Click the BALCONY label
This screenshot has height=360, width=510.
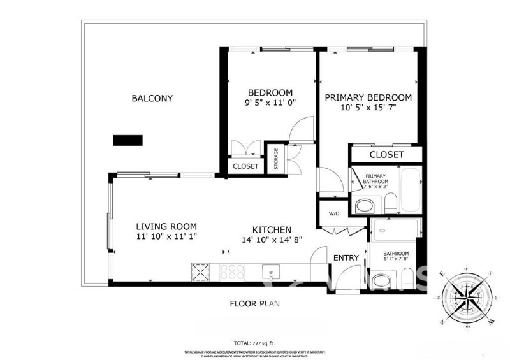click(x=152, y=98)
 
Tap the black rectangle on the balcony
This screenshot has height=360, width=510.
click(x=127, y=141)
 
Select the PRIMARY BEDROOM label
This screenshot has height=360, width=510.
click(x=368, y=97)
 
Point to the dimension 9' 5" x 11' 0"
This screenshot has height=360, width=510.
click(x=270, y=103)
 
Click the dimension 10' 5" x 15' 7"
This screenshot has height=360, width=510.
click(x=368, y=108)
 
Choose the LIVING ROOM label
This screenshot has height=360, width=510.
click(x=166, y=226)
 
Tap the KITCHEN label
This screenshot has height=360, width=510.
click(x=272, y=230)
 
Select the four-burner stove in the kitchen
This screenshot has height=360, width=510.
click(x=232, y=272)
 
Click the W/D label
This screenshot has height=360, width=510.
click(x=334, y=213)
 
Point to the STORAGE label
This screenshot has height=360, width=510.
click(x=276, y=157)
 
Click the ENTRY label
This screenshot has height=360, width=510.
click(x=346, y=257)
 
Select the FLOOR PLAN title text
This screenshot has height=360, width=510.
click(x=255, y=304)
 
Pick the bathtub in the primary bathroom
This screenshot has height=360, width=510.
click(x=409, y=189)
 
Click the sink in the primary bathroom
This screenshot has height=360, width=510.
click(x=365, y=205)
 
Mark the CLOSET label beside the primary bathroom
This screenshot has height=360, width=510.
click(x=386, y=155)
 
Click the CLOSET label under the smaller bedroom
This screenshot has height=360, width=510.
click(x=245, y=166)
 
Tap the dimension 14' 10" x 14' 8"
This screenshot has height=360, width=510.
click(x=272, y=240)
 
